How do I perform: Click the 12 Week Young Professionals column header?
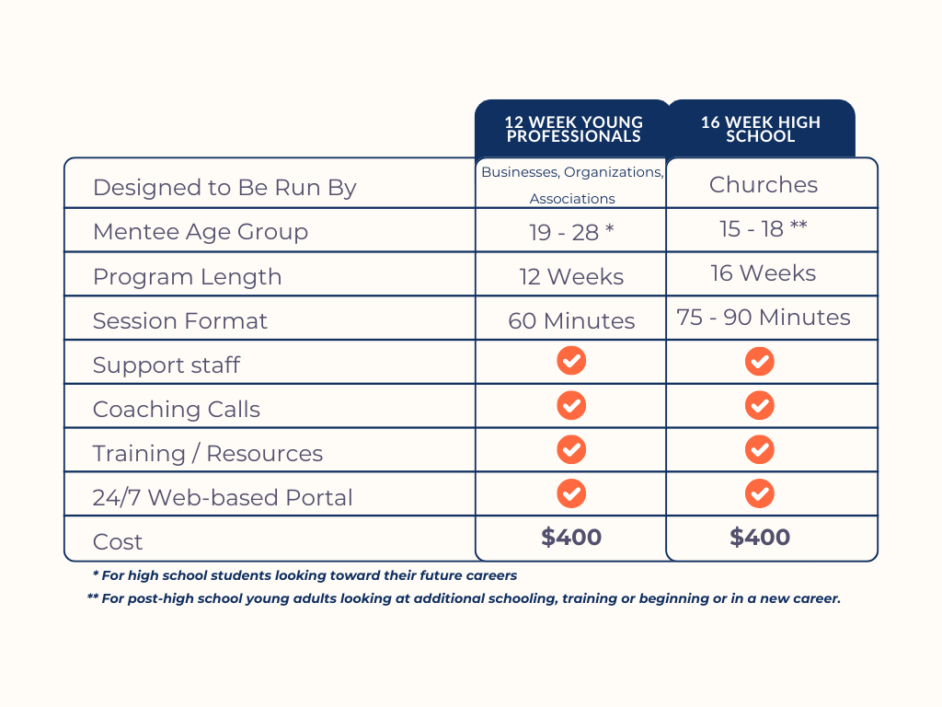tap(572, 129)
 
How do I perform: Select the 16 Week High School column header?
tap(760, 129)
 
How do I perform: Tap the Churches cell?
tap(763, 184)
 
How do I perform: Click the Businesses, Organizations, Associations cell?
tap(571, 184)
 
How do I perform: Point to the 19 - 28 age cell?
tap(571, 232)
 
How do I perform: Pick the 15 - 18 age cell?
tap(763, 228)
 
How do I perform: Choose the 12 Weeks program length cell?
tap(571, 276)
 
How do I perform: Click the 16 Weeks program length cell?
tap(763, 272)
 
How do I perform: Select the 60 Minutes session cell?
tap(571, 320)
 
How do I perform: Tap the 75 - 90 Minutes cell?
tap(763, 317)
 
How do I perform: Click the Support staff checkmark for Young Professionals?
tap(571, 361)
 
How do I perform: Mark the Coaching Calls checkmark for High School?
tap(759, 405)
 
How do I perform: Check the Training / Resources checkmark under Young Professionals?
tap(571, 449)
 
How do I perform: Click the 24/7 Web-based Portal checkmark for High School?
tap(759, 493)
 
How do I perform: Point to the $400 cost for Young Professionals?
tap(571, 538)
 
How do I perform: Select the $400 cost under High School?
tap(760, 538)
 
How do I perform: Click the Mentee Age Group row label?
tap(200, 232)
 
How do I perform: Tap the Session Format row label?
tap(179, 320)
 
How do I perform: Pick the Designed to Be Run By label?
tap(224, 188)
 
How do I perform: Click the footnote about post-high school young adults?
tap(464, 598)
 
